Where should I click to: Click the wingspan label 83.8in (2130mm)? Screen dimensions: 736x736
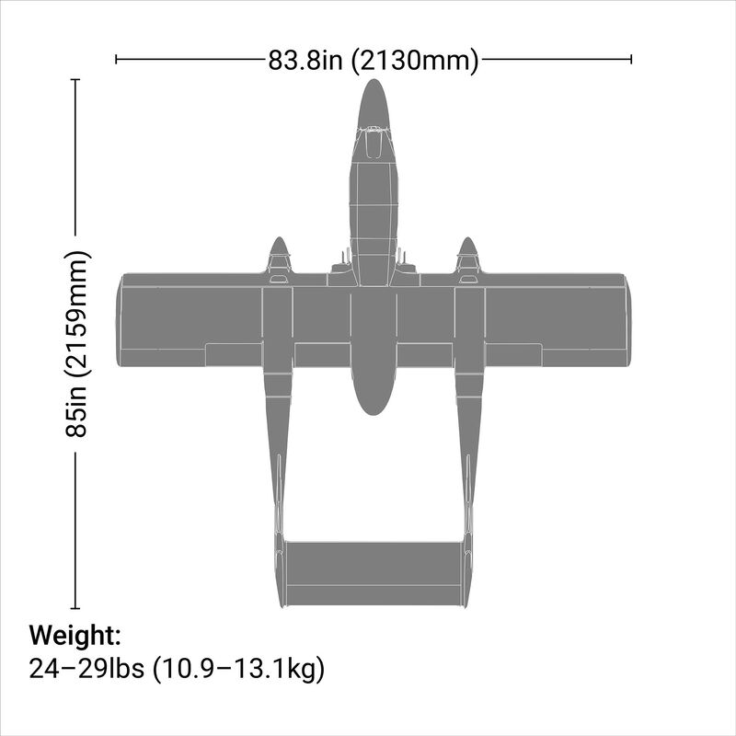coord(374,61)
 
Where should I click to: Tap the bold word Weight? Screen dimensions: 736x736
coord(75,636)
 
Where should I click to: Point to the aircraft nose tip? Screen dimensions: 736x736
coord(373,82)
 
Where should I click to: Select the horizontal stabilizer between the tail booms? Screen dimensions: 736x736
coord(373,573)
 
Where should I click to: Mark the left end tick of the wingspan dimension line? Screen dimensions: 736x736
coord(116,60)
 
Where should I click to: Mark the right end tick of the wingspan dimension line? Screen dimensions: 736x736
coord(631,60)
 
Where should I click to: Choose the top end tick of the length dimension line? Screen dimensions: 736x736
coord(75,80)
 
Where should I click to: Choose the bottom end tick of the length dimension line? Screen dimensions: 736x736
coord(75,608)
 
